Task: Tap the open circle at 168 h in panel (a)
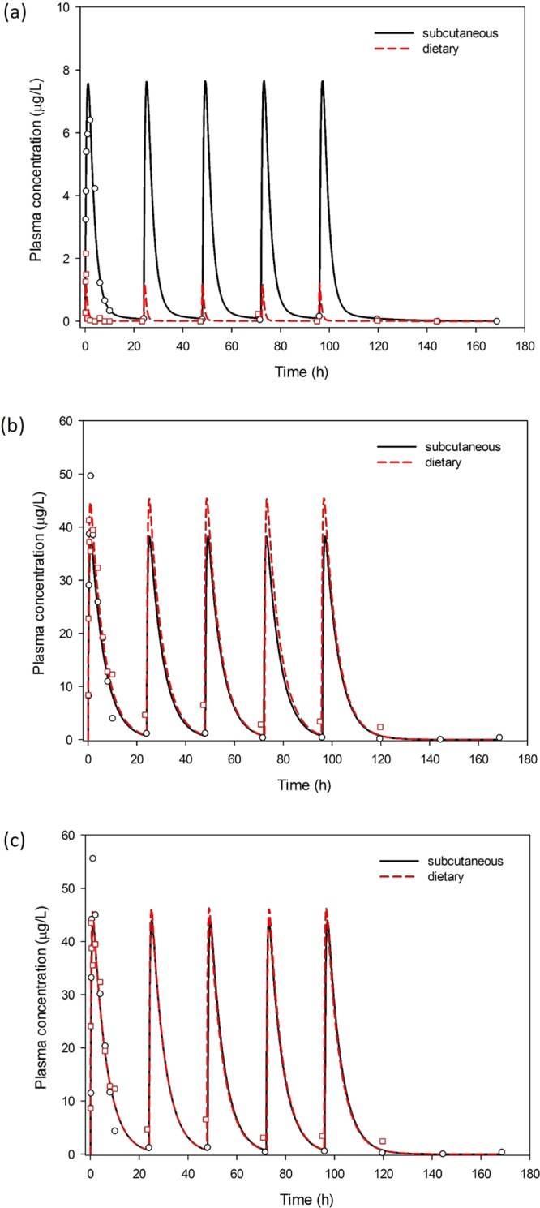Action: click(496, 321)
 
